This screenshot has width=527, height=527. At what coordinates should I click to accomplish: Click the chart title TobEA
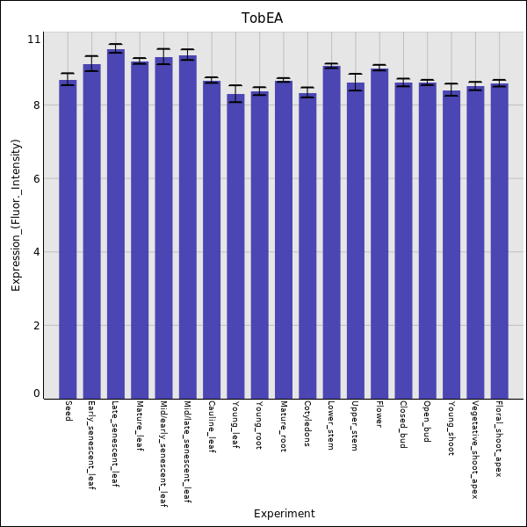click(x=262, y=18)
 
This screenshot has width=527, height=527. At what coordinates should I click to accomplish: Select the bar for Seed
click(x=68, y=239)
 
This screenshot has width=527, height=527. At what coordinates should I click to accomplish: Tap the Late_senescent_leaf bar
click(x=116, y=224)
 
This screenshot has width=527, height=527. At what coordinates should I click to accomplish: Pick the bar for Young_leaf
click(x=235, y=246)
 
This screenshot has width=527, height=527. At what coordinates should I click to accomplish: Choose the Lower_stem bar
click(x=332, y=232)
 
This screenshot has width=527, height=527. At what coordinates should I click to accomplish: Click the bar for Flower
click(x=379, y=234)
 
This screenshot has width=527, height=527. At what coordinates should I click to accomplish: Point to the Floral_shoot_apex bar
click(x=500, y=242)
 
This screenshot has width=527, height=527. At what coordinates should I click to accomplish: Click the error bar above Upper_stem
click(x=356, y=82)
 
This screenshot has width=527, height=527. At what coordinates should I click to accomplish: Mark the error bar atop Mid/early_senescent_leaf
click(x=163, y=56)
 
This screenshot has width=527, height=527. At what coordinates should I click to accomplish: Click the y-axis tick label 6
click(x=37, y=178)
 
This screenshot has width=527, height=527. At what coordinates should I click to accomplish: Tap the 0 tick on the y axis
click(x=37, y=393)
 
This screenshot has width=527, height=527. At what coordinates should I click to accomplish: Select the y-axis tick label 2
click(x=37, y=325)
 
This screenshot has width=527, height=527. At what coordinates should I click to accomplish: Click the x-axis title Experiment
click(x=285, y=514)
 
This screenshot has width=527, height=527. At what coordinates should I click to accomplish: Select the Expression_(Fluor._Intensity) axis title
click(x=16, y=215)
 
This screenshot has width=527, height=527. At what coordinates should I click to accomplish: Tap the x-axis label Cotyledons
click(x=307, y=423)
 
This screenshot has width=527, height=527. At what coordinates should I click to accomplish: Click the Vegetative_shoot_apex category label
click(x=475, y=450)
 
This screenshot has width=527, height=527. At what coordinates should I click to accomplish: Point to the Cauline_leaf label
click(x=212, y=427)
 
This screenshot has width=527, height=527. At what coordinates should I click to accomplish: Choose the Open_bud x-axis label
click(x=427, y=421)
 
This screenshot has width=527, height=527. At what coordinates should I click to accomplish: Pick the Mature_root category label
click(x=284, y=426)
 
